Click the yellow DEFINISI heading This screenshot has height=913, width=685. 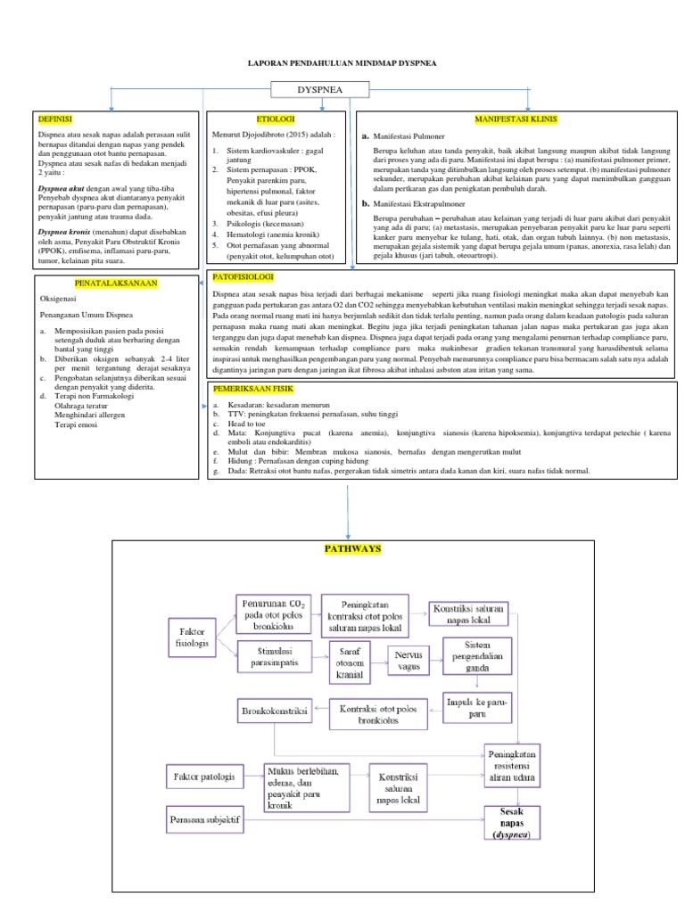pyautogui.click(x=55, y=118)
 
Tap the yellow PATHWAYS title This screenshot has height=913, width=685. pyautogui.click(x=351, y=548)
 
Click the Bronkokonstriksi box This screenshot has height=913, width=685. pyautogui.click(x=275, y=713)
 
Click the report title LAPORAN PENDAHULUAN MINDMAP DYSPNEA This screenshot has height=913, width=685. pyautogui.click(x=327, y=64)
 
